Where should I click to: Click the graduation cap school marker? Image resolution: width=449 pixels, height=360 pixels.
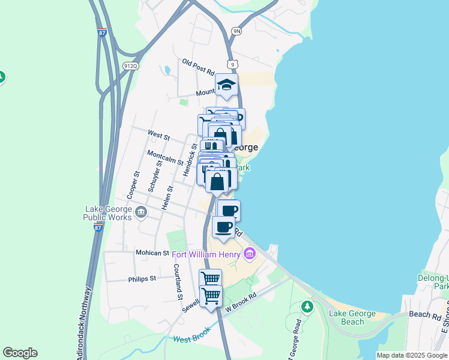point(227,85)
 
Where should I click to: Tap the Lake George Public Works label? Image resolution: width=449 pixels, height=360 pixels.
point(108,213)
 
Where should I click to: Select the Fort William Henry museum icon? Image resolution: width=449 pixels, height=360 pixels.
point(250,254)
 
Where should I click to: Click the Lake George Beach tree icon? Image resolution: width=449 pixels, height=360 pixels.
point(307,307)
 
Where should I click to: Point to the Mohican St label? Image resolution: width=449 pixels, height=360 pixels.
point(152,253)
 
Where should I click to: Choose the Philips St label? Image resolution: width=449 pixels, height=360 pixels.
point(142,279)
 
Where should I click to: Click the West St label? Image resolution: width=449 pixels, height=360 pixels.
point(158,135)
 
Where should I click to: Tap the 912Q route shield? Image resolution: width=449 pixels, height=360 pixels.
point(129,65)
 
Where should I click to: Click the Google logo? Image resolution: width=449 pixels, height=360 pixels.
point(20,353)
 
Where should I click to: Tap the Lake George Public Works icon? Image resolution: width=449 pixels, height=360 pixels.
point(141,211)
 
